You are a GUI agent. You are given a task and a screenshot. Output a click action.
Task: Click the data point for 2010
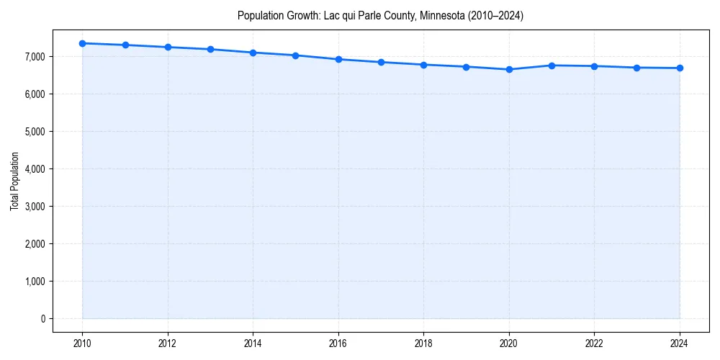click(83, 43)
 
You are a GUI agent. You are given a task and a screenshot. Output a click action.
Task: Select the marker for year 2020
click(509, 69)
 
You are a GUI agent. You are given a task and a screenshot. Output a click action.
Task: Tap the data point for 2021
click(552, 66)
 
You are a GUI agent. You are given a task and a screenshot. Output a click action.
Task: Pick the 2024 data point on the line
click(680, 68)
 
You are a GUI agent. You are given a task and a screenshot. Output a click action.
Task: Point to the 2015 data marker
click(296, 55)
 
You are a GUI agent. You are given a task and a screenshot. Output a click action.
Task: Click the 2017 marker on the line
click(381, 62)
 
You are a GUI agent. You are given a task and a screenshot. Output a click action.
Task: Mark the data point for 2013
click(210, 49)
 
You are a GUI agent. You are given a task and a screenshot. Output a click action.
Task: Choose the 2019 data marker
click(467, 67)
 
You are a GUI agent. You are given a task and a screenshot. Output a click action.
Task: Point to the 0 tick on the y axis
click(42, 319)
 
